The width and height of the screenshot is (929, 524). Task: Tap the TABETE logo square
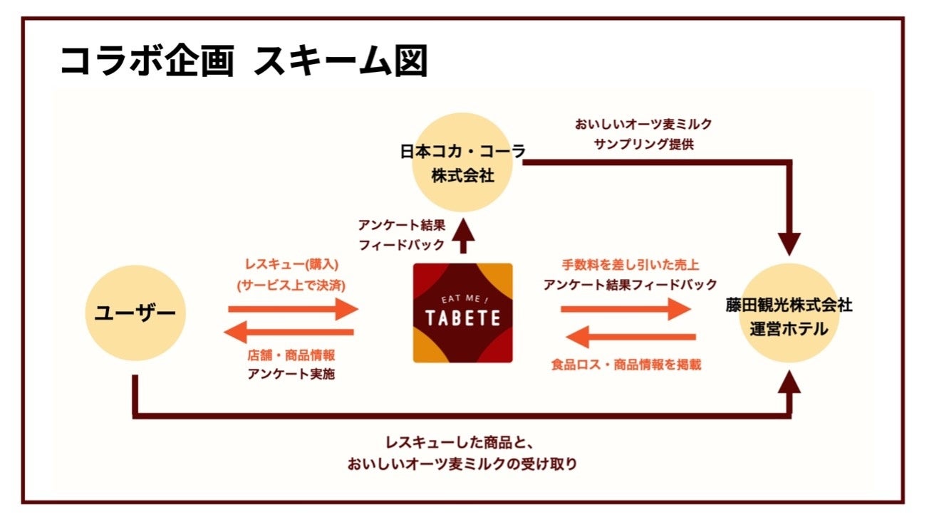[463, 313]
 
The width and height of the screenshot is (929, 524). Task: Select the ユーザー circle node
[135, 313]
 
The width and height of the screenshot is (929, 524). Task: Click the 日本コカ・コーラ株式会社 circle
[463, 162]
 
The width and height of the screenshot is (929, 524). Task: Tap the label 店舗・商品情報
[291, 356]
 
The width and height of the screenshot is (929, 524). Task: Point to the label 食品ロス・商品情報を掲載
[626, 365]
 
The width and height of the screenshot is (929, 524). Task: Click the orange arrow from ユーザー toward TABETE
[293, 309]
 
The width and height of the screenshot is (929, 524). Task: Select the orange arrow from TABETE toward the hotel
[626, 309]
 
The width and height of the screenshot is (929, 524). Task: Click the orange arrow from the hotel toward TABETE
[634, 336]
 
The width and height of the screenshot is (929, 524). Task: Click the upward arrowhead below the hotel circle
[789, 385]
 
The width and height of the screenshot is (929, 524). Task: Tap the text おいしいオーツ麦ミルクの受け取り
[462, 464]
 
